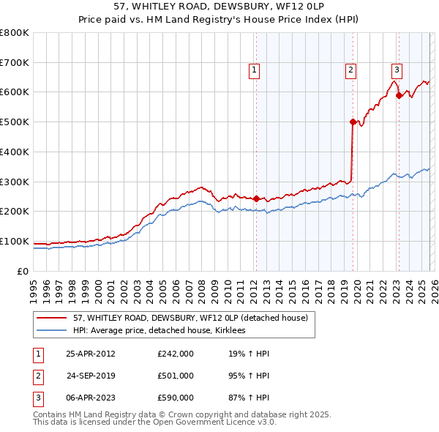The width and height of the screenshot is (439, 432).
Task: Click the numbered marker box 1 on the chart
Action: [254, 70]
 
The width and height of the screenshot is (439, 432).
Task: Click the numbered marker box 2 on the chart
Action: [351, 70]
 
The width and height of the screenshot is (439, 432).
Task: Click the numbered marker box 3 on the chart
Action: [397, 70]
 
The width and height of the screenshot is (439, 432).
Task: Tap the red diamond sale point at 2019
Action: [353, 122]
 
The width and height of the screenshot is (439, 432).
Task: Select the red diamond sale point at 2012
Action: [256, 198]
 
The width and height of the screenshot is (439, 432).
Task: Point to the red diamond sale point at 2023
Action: [399, 94]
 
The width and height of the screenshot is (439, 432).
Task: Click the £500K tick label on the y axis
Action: [14, 122]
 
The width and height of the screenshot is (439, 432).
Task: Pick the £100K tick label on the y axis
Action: [14, 241]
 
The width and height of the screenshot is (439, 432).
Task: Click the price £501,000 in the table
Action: [175, 376]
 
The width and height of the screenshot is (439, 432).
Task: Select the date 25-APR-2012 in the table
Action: [90, 354]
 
